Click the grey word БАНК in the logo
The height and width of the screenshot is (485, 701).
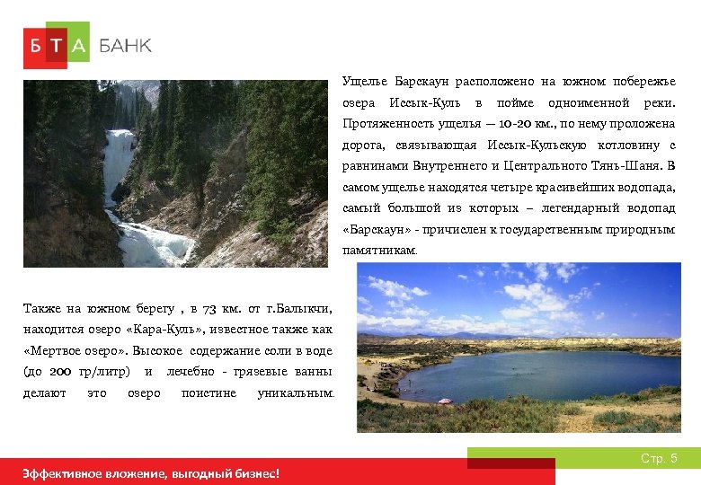(125, 46)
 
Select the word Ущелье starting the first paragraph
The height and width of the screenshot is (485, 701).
(364, 82)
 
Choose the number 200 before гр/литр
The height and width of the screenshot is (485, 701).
(60, 372)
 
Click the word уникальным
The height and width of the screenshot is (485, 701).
(294, 393)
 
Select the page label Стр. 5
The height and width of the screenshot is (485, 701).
(659, 459)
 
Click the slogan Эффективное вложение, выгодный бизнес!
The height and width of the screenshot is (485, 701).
(151, 473)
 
